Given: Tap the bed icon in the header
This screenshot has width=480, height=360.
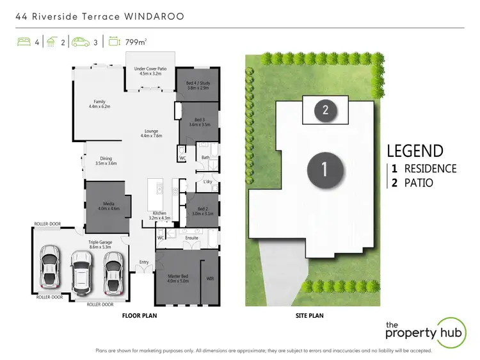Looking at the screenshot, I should (x=24, y=43).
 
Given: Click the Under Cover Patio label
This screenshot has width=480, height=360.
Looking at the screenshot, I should (x=149, y=70).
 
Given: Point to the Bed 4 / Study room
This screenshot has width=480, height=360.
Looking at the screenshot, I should (x=197, y=84).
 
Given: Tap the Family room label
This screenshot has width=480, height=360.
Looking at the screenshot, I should (x=99, y=104).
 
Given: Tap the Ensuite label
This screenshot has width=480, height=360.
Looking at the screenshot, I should (x=191, y=238).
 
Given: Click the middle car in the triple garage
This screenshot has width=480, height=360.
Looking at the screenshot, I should (x=82, y=270).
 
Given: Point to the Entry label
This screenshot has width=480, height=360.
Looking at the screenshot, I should (x=143, y=262).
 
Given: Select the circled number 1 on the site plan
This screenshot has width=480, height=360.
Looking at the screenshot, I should (x=324, y=169).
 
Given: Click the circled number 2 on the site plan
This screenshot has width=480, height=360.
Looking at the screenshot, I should (x=325, y=110).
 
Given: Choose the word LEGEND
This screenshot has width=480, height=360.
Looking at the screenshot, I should (x=415, y=151).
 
